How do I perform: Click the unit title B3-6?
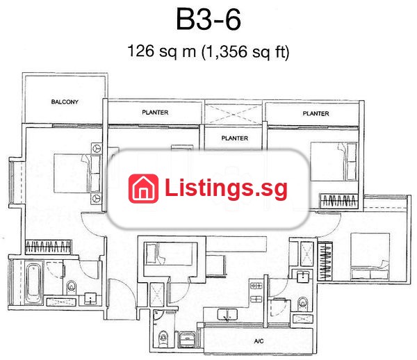[x=208, y=19]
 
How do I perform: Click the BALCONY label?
[x=65, y=102]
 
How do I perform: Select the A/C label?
[x=259, y=341]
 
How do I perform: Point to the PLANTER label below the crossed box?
[x=235, y=138]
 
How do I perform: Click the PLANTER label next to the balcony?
[x=155, y=113]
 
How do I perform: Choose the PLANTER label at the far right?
[x=316, y=114]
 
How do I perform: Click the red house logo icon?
[x=143, y=188]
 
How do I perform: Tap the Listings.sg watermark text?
[x=226, y=188]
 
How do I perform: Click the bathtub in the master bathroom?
[x=34, y=283]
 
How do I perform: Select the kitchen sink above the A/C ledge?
[x=227, y=314]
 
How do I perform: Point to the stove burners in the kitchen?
[x=256, y=292]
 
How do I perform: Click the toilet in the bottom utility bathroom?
[x=163, y=338]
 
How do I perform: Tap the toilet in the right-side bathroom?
[x=302, y=303]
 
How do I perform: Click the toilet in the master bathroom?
[x=72, y=287]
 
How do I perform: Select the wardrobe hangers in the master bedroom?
[x=48, y=247]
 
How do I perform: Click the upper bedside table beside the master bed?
[x=97, y=148]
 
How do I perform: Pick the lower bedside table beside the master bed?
[x=97, y=199]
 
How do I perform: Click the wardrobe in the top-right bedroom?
[x=339, y=201]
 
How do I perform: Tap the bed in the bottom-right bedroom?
[x=370, y=256]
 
